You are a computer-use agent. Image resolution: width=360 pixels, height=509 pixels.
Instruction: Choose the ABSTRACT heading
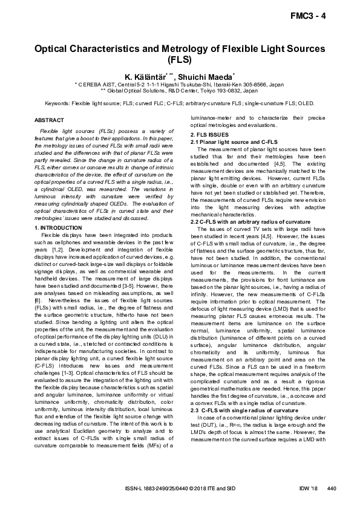click(49, 120)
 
